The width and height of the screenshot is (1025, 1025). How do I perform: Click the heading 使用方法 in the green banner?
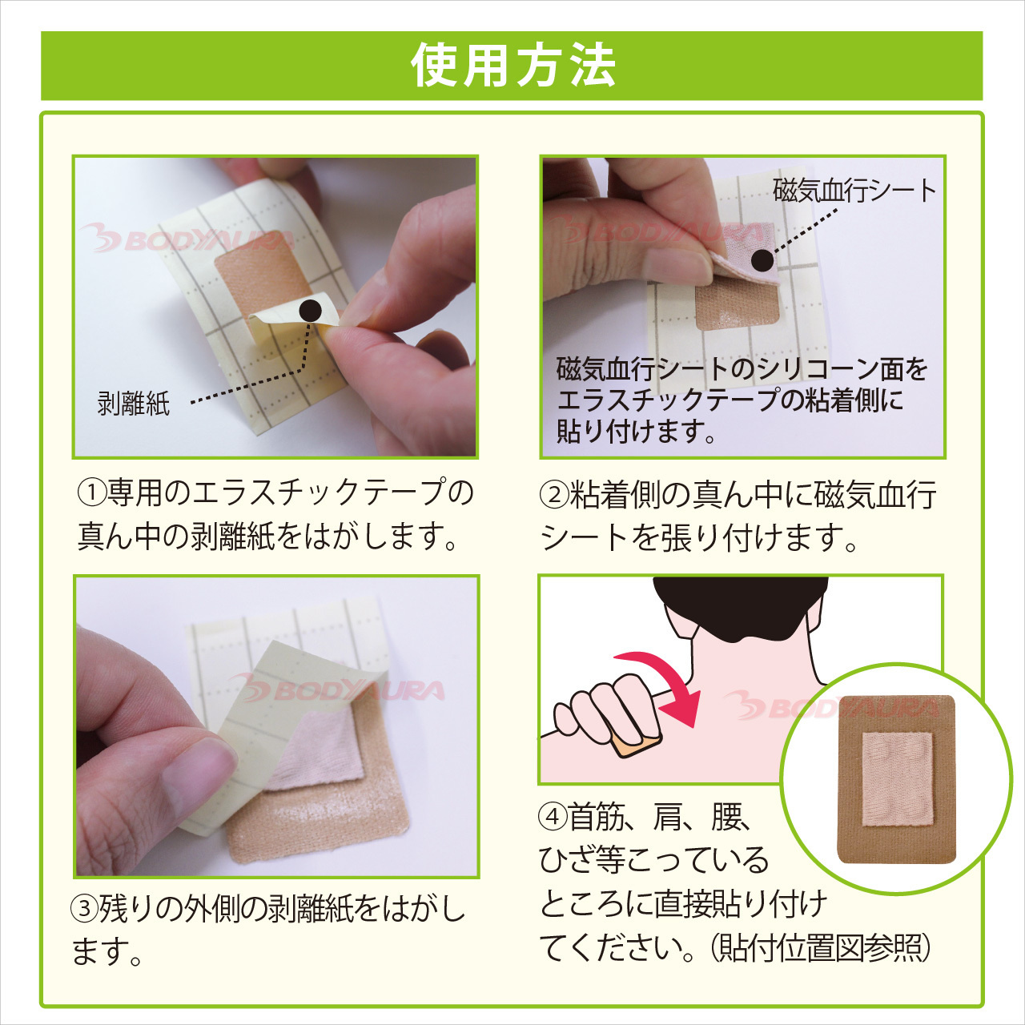pos(512,66)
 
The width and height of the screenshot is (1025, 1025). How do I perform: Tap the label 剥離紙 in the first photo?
pos(134,403)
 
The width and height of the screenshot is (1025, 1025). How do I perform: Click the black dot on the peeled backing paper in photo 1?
pos(310,311)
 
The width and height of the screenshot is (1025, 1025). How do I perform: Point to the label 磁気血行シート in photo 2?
pos(854,191)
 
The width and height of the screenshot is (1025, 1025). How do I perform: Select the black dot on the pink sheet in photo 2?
pos(762,259)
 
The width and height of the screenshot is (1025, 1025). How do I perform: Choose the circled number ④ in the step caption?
pos(553,818)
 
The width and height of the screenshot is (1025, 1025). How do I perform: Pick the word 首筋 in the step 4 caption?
pos(597,818)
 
